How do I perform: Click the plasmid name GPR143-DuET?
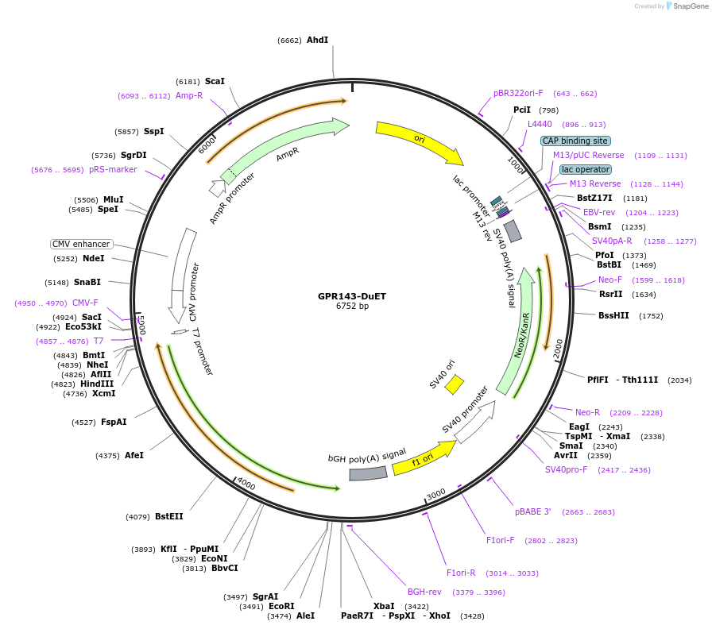pyautogui.click(x=352, y=296)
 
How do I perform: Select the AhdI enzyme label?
pyautogui.click(x=317, y=40)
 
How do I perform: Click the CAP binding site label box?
pyautogui.click(x=575, y=141)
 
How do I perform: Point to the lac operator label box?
pyautogui.click(x=586, y=169)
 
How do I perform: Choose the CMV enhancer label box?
pyautogui.click(x=81, y=244)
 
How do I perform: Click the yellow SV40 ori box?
pyautogui.click(x=454, y=384)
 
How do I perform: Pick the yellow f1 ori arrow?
pyautogui.click(x=423, y=458)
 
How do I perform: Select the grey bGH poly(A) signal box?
pyautogui.click(x=368, y=473)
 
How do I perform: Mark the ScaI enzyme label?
pyautogui.click(x=215, y=81)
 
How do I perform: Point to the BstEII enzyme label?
pyautogui.click(x=168, y=516)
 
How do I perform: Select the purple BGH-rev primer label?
pyautogui.click(x=424, y=592)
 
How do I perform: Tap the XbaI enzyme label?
pyautogui.click(x=384, y=606)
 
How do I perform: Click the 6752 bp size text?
pyautogui.click(x=352, y=307)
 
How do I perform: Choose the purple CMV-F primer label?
pyautogui.click(x=85, y=303)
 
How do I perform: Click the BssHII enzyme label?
pyautogui.click(x=613, y=315)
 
